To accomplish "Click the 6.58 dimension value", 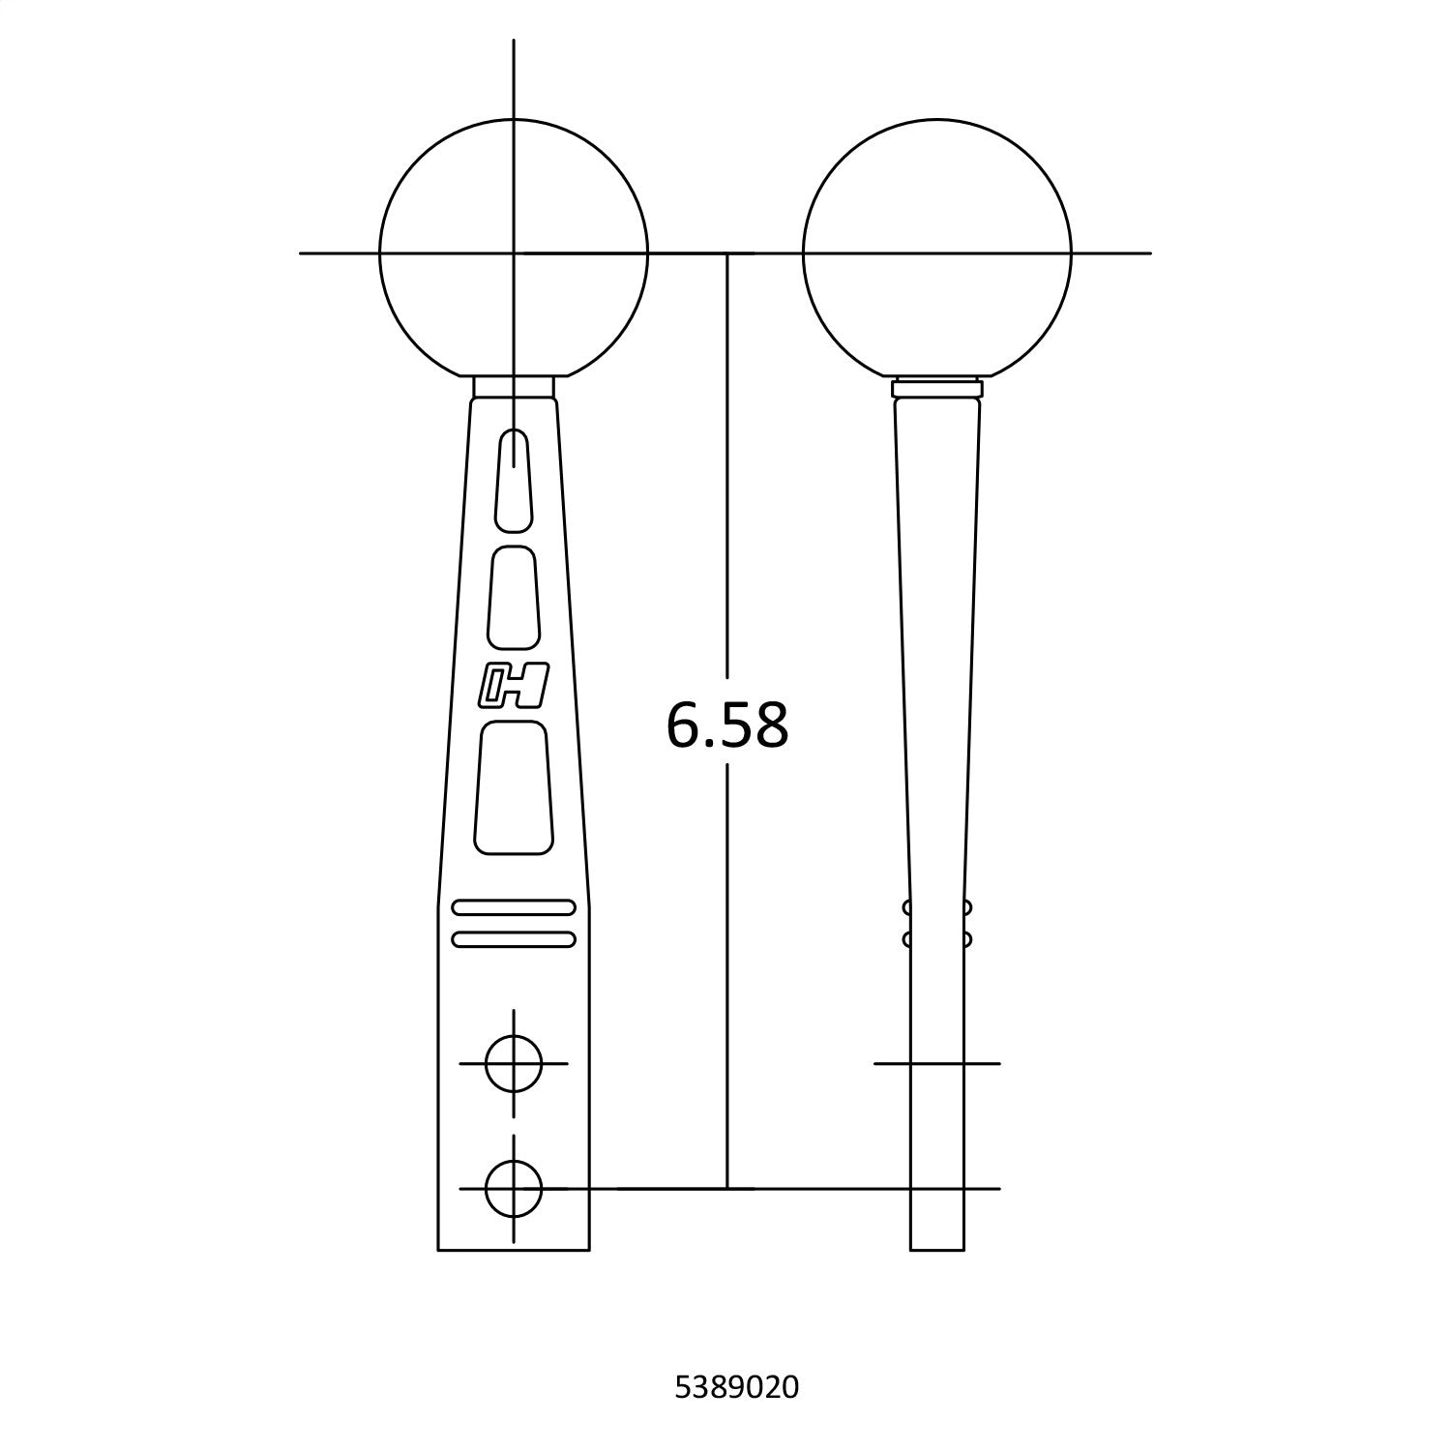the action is pyautogui.click(x=727, y=725).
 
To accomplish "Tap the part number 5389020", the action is pyautogui.click(x=736, y=1388).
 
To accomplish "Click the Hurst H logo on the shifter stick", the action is pyautogui.click(x=514, y=686).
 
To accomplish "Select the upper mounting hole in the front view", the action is pyautogui.click(x=514, y=1063).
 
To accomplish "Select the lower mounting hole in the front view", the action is pyautogui.click(x=514, y=1188).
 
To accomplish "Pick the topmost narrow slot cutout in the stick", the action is pyautogui.click(x=514, y=481).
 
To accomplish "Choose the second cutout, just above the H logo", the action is pyautogui.click(x=514, y=597).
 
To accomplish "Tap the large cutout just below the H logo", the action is pyautogui.click(x=514, y=787).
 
